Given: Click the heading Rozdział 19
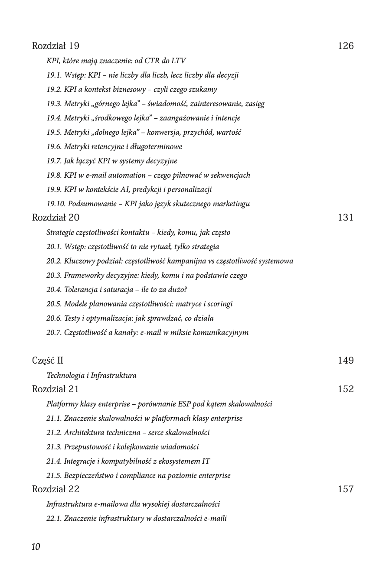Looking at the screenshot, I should (56, 46).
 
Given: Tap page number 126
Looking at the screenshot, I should (346, 46).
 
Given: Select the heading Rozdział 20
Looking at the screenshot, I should (56, 218).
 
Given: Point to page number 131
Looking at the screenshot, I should (346, 218).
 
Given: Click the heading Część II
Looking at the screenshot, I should (48, 361).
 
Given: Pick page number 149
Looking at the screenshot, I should (346, 361).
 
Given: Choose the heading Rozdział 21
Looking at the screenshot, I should (55, 389).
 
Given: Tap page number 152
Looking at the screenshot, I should (346, 389).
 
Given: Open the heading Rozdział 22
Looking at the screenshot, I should (56, 489).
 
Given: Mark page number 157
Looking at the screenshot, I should (346, 489).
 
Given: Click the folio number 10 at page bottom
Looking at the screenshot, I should (36, 547).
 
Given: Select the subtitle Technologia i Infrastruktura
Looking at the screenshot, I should (91, 375).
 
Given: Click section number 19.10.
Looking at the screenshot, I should (56, 204).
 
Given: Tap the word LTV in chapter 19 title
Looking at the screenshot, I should (179, 61).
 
